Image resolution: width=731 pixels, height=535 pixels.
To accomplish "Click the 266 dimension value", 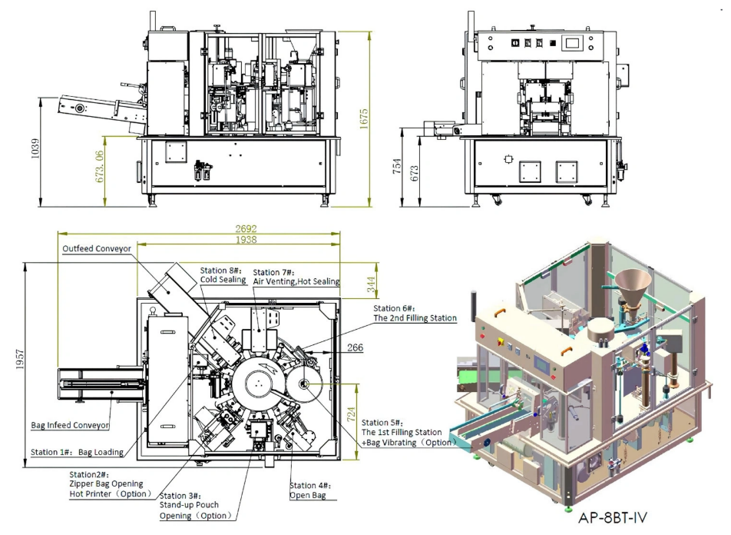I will pos(356,348).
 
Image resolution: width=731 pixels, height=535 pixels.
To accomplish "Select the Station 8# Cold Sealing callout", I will pos(221,275).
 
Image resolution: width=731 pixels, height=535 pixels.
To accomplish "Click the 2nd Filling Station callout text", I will pos(415,317).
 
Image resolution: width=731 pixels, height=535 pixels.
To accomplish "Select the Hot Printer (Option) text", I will pos(111,493).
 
